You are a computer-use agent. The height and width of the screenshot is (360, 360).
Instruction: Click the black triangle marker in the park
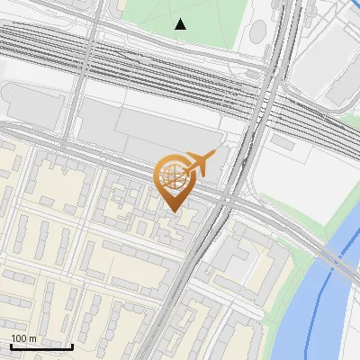181,24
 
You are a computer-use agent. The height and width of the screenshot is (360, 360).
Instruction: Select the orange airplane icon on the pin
199,163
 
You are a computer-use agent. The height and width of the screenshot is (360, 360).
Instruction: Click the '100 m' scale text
23,338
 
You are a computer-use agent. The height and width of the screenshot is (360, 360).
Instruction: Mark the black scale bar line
41,346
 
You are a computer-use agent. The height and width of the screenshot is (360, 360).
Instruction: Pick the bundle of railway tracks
135,72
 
